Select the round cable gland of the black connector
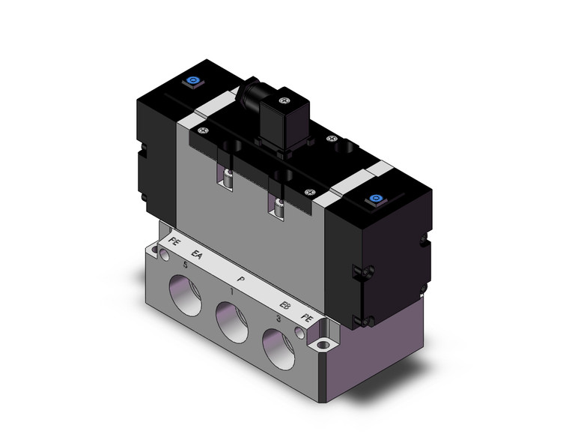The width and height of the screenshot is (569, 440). point(247,94)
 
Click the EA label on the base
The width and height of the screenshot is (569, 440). point(197,256)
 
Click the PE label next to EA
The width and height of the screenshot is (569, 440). point(174,241)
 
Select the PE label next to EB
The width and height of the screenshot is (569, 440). point(306,319)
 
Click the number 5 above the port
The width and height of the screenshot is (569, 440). point(185,265)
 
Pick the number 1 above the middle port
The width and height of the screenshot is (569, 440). point(233,292)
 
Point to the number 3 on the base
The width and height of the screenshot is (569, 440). point(279,319)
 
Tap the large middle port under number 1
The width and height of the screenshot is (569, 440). point(232,320)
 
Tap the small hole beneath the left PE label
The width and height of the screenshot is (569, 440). point(165,256)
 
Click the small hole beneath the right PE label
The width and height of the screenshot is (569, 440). point(301,332)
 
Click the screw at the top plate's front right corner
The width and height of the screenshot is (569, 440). point(308,192)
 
